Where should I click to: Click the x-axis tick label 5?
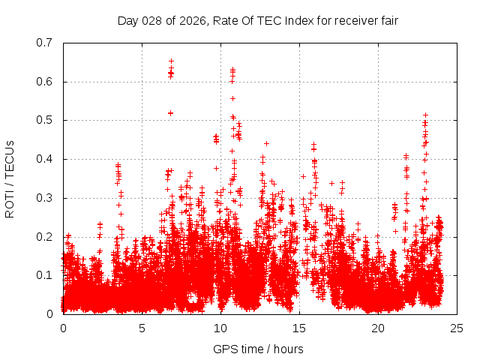point(142,328)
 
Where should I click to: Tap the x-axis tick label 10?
point(220,328)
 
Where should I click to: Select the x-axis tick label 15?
point(299,328)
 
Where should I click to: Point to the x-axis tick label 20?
point(378,328)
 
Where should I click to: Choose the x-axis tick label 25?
point(457,328)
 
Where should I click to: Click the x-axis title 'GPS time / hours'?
point(259,349)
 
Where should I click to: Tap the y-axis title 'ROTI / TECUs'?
point(10,178)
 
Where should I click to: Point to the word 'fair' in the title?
point(387,20)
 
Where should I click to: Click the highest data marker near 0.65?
point(171,61)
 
